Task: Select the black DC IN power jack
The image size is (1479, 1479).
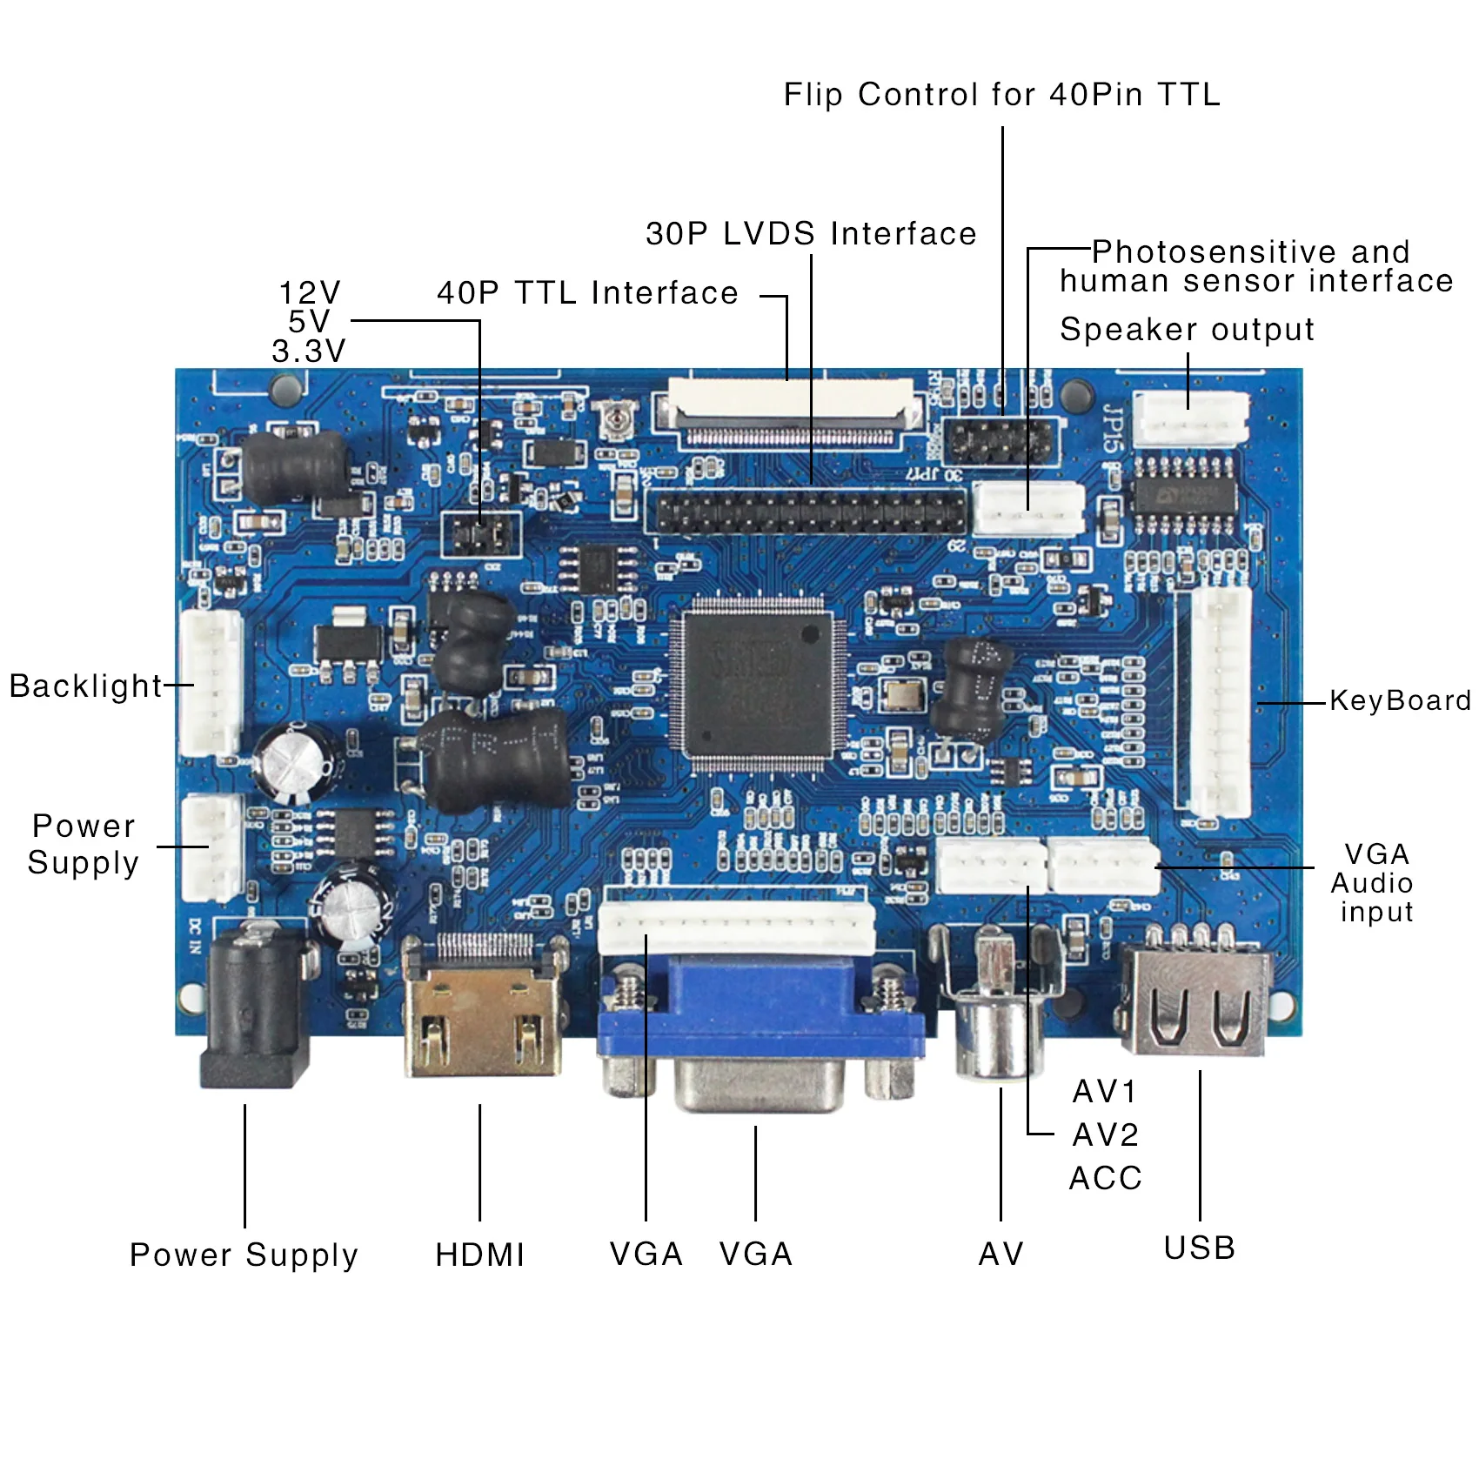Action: click(x=254, y=1009)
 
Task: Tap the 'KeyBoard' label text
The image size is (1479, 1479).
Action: click(x=1400, y=700)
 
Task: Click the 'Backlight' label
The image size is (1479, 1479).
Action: click(x=85, y=686)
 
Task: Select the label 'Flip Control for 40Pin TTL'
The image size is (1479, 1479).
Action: click(x=1001, y=94)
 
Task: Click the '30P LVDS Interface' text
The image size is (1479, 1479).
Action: click(x=811, y=233)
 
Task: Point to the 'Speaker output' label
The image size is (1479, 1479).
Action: click(x=1187, y=330)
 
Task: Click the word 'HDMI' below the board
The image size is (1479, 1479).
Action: click(x=480, y=1255)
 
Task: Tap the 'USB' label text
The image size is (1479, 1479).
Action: click(x=1200, y=1248)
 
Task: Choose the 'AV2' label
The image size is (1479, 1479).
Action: click(x=1105, y=1134)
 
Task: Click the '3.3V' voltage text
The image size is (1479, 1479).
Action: click(x=309, y=351)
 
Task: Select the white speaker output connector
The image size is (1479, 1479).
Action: click(x=1190, y=418)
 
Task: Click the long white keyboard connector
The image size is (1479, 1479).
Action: click(x=1220, y=701)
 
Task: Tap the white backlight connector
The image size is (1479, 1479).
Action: click(x=211, y=683)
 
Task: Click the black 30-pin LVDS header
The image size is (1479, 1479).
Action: click(x=809, y=512)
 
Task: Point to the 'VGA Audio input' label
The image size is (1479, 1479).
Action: click(x=1373, y=882)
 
